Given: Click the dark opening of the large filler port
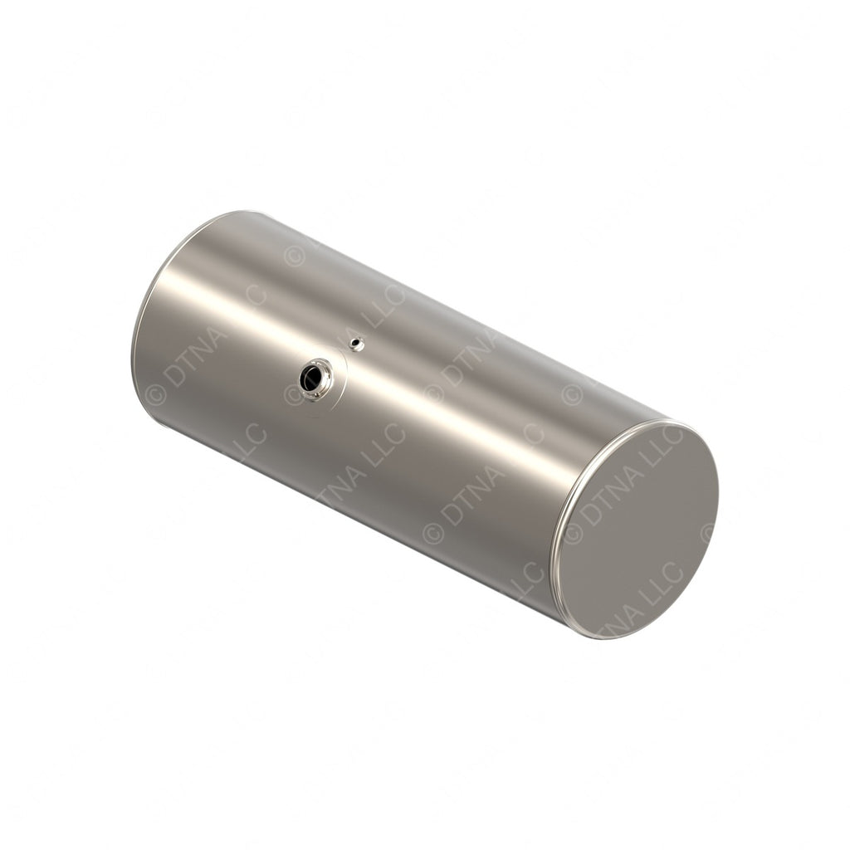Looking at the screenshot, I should click(311, 379).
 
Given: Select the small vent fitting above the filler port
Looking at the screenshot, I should click(356, 343).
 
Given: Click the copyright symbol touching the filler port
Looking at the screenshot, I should click(294, 395).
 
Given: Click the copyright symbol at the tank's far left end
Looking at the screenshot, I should click(155, 395).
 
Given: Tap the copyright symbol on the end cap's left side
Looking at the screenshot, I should click(574, 532).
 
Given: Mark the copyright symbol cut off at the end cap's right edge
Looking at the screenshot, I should click(707, 532).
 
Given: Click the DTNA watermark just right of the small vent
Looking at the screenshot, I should click(470, 357).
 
